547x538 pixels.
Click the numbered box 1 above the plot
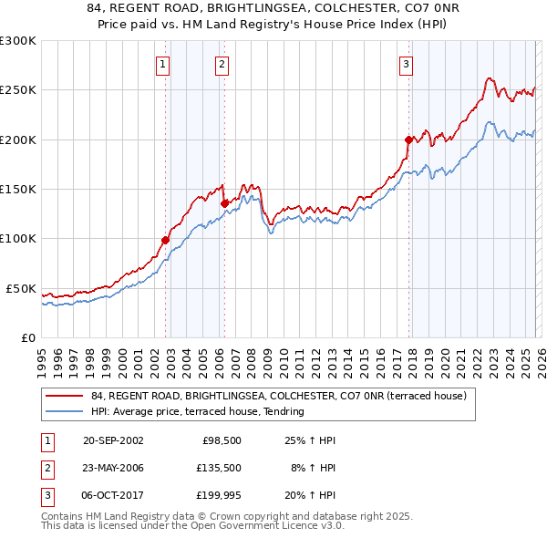pos(162,64)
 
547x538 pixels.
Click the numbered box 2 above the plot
pos(222,64)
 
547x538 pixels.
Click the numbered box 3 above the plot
pos(406,64)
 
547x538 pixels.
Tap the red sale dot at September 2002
pos(165,240)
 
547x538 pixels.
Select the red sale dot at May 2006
pos(224,203)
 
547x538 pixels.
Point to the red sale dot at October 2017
pos(408,140)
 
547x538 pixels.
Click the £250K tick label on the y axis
pos(18,90)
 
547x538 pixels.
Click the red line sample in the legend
pos(64,396)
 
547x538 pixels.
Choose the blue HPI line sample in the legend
pos(64,411)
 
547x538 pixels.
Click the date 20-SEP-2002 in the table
pos(113,440)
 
